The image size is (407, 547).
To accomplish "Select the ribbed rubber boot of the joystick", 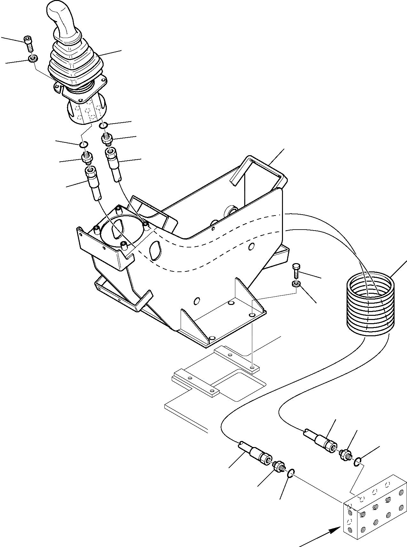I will (76, 64).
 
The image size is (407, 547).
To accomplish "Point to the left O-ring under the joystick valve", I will (83, 145).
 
